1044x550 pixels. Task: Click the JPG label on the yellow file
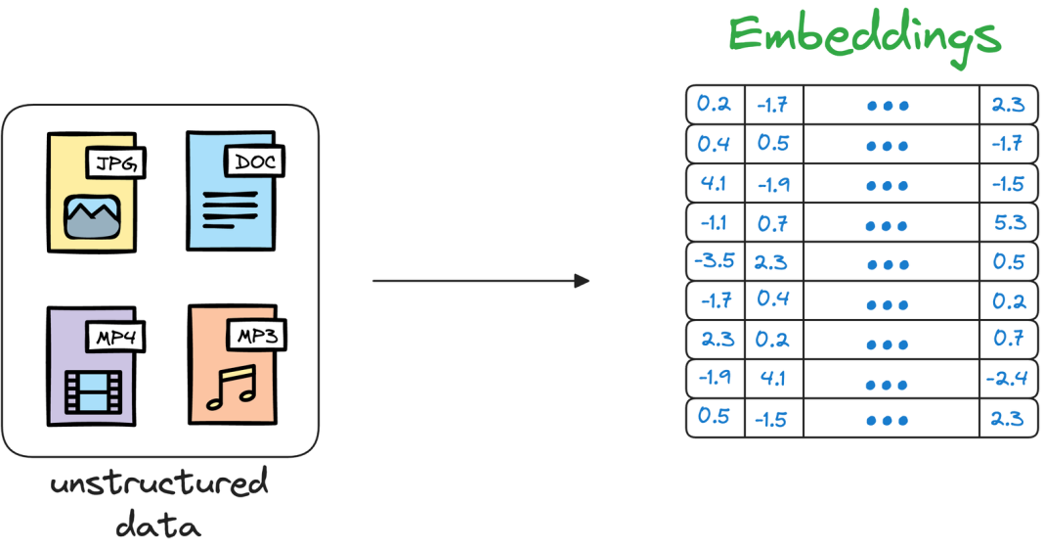point(116,163)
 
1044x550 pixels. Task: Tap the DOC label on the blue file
point(254,160)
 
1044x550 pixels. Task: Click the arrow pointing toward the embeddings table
point(481,281)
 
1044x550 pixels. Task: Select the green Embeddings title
point(865,36)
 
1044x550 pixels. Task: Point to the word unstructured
point(158,484)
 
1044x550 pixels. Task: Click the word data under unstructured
point(158,526)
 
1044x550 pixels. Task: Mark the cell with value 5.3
point(1008,222)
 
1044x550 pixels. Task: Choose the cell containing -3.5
point(716,261)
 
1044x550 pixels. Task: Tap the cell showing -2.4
point(1008,379)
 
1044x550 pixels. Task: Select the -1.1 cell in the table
point(716,222)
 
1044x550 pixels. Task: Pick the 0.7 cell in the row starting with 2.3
point(1008,340)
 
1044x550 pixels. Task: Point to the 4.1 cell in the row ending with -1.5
point(716,183)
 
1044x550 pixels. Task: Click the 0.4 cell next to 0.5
point(716,144)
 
